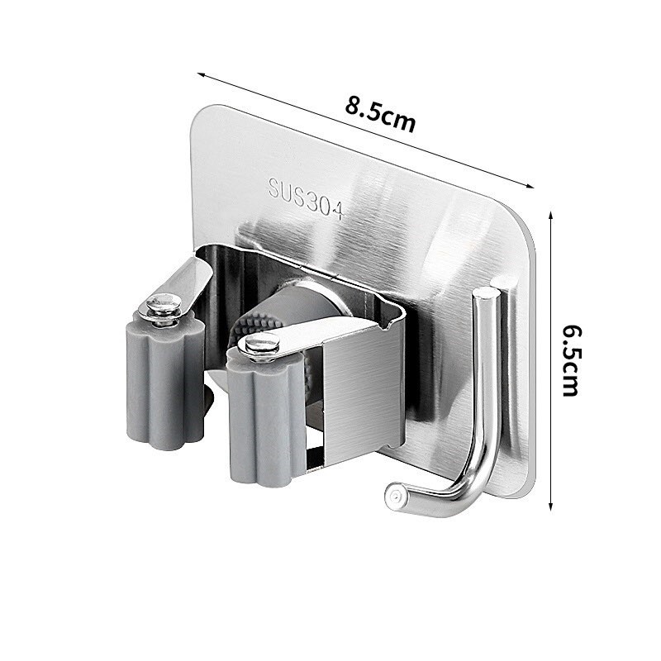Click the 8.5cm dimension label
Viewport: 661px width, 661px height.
(x=380, y=115)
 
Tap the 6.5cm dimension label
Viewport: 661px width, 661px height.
(x=571, y=359)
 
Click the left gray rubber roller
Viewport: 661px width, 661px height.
(x=165, y=388)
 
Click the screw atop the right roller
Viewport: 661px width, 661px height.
(x=261, y=345)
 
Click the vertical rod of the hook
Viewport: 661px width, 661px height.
(x=481, y=372)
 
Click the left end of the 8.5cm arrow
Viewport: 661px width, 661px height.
(x=198, y=74)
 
